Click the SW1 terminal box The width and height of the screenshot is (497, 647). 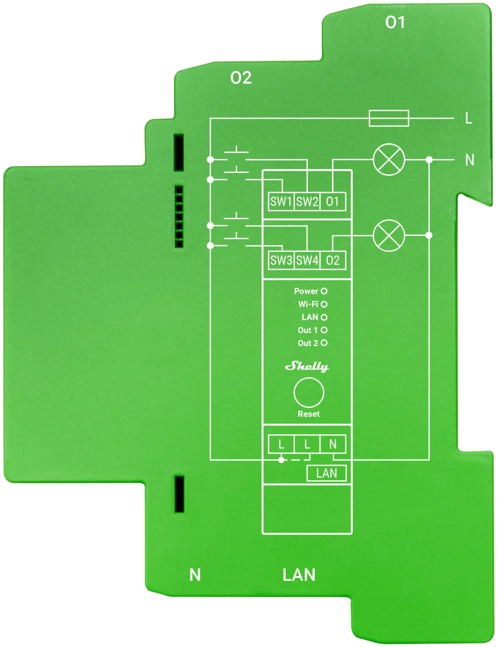[x=281, y=202]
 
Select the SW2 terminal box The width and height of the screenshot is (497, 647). [x=307, y=202]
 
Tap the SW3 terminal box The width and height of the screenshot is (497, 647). [x=281, y=260]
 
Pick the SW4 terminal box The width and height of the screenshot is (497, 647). [x=307, y=260]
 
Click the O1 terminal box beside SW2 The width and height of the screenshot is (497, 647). [x=333, y=202]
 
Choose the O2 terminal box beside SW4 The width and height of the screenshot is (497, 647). [x=333, y=260]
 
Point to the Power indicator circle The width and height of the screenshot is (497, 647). [x=324, y=291]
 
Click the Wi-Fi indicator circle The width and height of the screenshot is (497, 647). [x=324, y=304]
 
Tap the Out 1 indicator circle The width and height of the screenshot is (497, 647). [x=324, y=330]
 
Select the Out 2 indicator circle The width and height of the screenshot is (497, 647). [x=324, y=343]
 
